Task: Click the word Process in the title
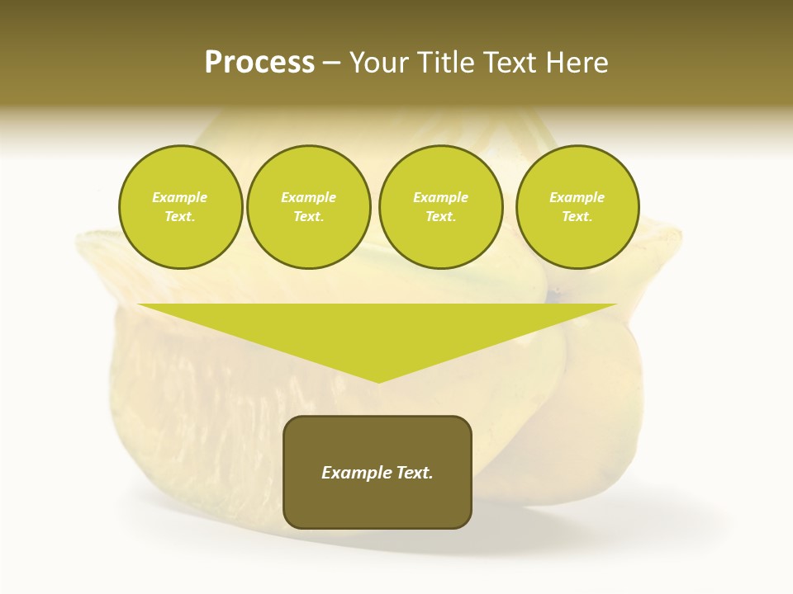coord(259,63)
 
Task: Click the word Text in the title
coord(512,63)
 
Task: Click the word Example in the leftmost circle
coord(180,197)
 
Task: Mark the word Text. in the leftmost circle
coord(180,216)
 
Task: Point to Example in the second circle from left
coord(309,197)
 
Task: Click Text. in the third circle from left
coord(440,216)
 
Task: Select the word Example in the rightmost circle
coord(577,197)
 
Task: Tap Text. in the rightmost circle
coord(577,216)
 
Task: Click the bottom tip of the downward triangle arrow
coord(378,380)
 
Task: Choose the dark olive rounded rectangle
coord(378,503)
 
